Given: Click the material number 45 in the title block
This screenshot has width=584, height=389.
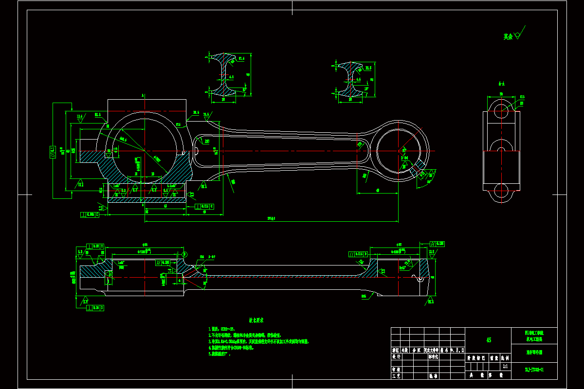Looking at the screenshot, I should click(x=488, y=340).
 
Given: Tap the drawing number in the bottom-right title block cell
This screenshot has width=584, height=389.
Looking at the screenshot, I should click(x=534, y=370).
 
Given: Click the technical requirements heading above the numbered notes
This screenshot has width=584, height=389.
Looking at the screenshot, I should click(x=256, y=320).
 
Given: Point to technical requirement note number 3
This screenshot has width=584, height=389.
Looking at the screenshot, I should click(x=258, y=342).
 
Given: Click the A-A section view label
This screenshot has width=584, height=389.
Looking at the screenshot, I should click(x=501, y=83).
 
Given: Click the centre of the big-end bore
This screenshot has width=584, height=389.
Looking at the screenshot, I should click(x=145, y=151).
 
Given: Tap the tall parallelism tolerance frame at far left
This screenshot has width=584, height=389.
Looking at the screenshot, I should click(x=53, y=150).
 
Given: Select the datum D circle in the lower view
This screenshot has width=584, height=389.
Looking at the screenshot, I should click(x=184, y=254).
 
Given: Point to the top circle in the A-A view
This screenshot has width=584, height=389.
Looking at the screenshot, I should click(x=501, y=107).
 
